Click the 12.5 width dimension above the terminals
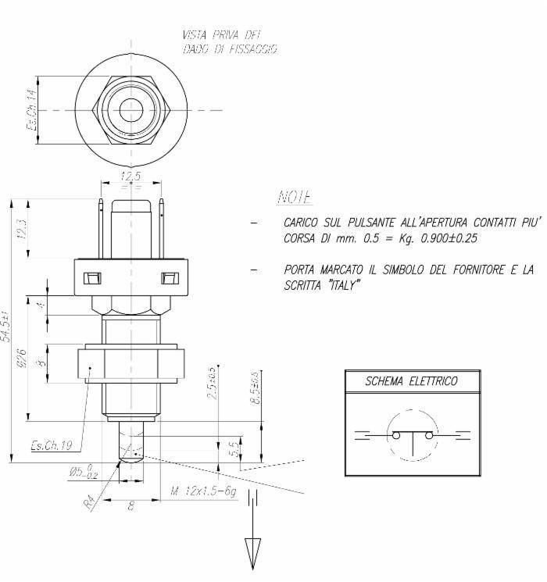click(x=130, y=177)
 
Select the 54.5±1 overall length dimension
click(x=6, y=329)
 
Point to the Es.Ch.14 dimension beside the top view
click(x=32, y=109)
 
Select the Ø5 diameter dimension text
click(x=82, y=472)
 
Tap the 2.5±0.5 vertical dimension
click(x=211, y=383)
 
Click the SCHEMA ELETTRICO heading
click(x=412, y=381)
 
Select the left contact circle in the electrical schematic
click(x=397, y=435)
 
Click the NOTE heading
click(x=295, y=196)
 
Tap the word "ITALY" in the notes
click(x=341, y=285)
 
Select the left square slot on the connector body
click(x=93, y=277)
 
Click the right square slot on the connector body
click(x=167, y=277)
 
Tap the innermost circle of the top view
click(x=130, y=110)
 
